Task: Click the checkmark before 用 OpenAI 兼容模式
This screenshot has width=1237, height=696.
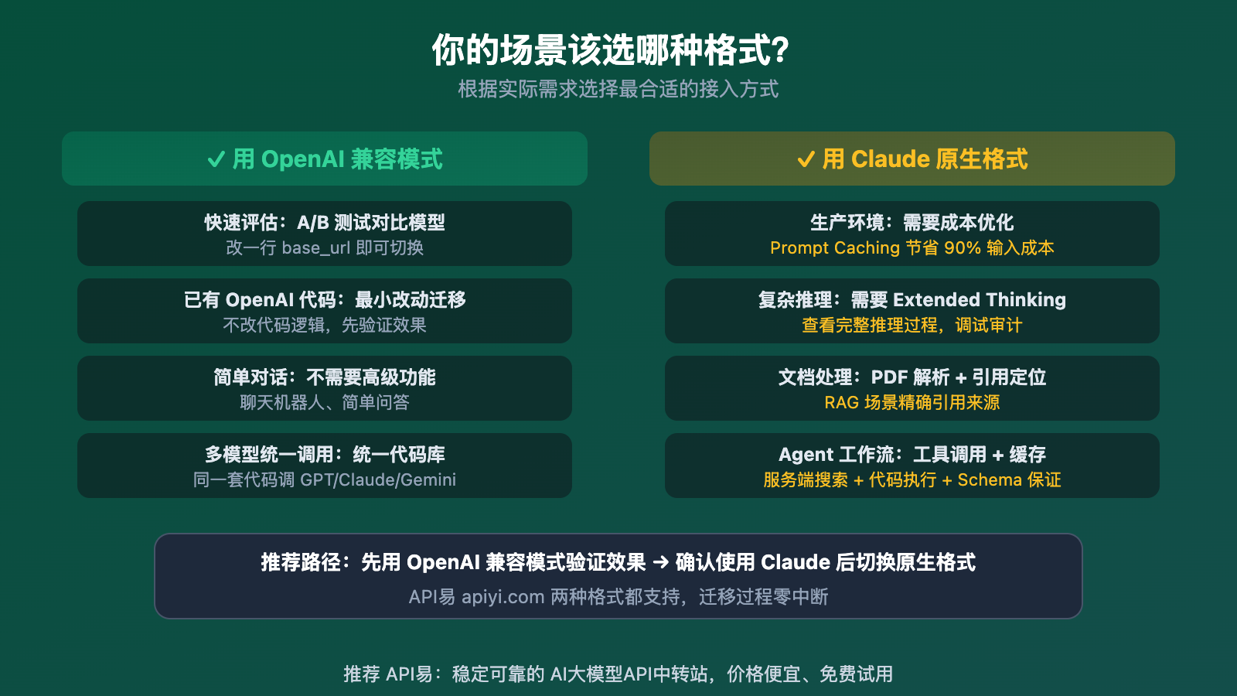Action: pos(216,159)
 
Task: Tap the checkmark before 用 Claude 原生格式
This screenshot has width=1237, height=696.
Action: pos(806,159)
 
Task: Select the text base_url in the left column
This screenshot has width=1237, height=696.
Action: pos(316,248)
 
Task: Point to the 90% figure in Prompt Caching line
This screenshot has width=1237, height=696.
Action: pos(962,248)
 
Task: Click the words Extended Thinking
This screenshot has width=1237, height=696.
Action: pos(979,300)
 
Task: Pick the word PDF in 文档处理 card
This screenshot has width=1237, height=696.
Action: pos(889,377)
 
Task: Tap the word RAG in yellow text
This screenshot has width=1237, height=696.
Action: pos(841,403)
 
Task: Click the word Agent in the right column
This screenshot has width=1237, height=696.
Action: pos(806,455)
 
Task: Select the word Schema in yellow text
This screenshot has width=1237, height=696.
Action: pos(990,480)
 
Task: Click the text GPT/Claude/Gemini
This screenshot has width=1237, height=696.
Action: pos(378,480)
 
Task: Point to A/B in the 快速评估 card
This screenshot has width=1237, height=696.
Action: pos(313,223)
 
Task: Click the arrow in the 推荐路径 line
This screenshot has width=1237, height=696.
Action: pos(660,562)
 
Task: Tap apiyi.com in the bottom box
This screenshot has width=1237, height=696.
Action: pos(503,597)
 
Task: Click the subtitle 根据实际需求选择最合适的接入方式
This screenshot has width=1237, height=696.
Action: pos(618,90)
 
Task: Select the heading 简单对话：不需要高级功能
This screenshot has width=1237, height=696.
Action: pos(325,377)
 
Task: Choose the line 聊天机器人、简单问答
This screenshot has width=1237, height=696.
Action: pos(325,403)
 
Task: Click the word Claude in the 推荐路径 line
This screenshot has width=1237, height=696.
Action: pos(796,562)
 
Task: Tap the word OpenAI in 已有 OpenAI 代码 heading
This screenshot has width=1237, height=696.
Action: pos(259,300)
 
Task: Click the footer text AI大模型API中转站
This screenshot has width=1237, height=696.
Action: pos(628,674)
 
